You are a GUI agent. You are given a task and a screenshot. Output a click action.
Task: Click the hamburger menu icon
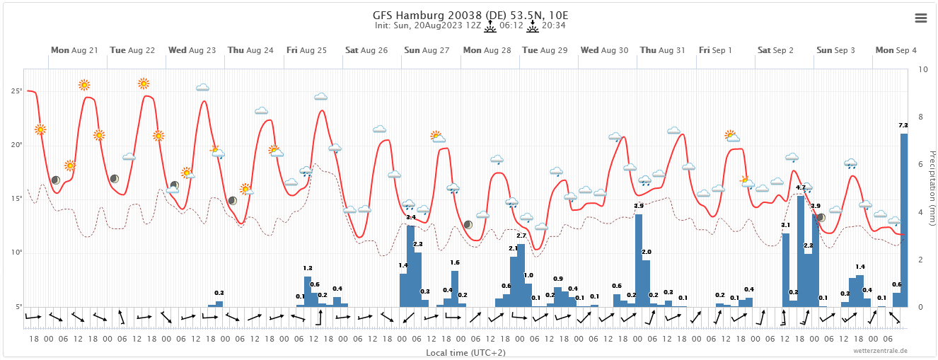pos(920,18)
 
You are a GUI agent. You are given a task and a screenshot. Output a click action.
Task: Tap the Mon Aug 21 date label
pos(74,50)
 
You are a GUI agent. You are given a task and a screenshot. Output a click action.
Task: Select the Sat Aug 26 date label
pos(366,50)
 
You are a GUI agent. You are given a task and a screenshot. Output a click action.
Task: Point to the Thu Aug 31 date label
pos(662,50)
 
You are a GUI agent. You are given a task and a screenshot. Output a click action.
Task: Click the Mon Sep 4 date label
pos(896,50)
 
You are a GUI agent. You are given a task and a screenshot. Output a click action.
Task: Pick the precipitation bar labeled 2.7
pos(521,276)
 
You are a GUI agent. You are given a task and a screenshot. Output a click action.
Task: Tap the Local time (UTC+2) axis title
pos(465,352)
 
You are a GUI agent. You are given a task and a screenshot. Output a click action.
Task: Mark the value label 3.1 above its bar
pos(785,225)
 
